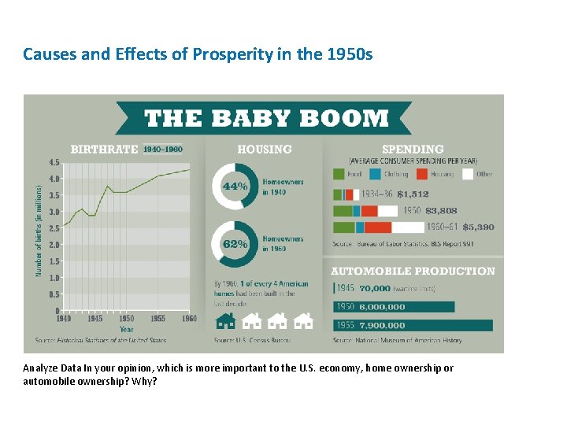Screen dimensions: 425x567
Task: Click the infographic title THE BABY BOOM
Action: pos(266,119)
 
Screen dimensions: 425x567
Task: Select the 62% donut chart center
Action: pos(234,243)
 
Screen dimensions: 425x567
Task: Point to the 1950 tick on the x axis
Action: pos(126,319)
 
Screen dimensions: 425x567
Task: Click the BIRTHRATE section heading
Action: pos(104,149)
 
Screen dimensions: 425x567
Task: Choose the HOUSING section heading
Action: pos(264,149)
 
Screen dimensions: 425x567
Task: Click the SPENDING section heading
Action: pos(412,149)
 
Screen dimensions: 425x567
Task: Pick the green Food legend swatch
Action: pos(339,174)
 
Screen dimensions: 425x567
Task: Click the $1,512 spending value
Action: pos(413,194)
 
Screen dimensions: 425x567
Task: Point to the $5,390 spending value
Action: pos(478,227)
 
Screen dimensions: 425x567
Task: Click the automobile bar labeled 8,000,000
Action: pos(394,307)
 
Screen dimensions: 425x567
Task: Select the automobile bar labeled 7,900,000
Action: pos(413,325)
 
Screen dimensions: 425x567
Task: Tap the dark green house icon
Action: pos(225,320)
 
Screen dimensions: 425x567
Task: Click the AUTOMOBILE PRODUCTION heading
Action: pos(413,271)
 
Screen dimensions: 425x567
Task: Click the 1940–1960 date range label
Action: pos(163,149)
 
